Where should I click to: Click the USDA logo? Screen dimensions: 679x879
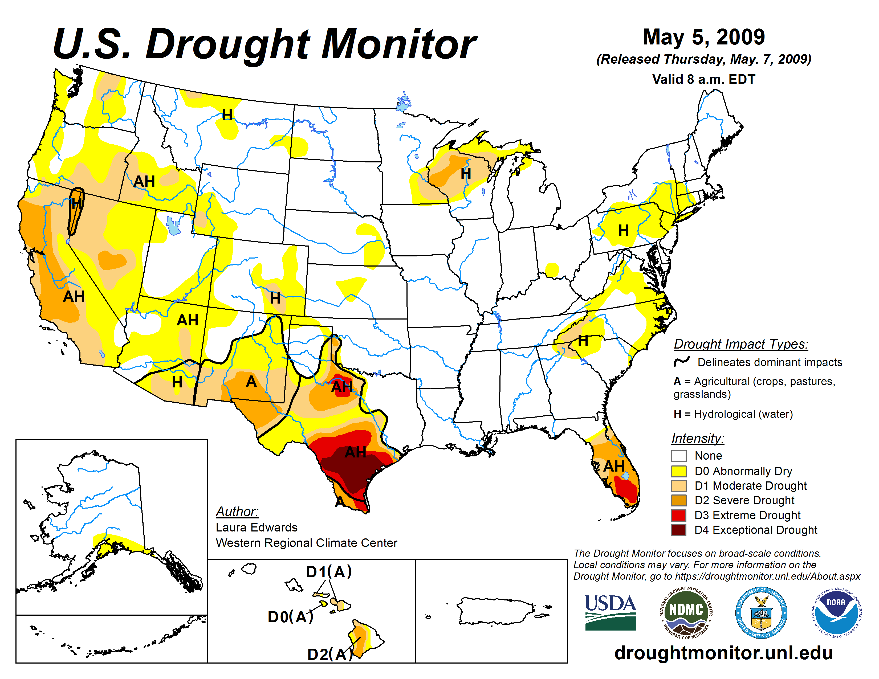tap(610, 612)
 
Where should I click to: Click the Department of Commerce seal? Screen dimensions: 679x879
tap(761, 612)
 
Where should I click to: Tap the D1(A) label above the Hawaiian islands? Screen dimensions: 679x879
tap(329, 572)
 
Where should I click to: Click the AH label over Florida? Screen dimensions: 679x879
tap(614, 466)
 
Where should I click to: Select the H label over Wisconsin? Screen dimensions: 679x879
tap(466, 174)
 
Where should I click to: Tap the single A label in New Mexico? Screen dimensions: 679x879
tap(251, 381)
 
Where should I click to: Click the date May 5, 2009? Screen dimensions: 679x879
tap(703, 37)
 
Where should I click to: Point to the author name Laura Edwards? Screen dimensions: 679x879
tap(256, 527)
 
